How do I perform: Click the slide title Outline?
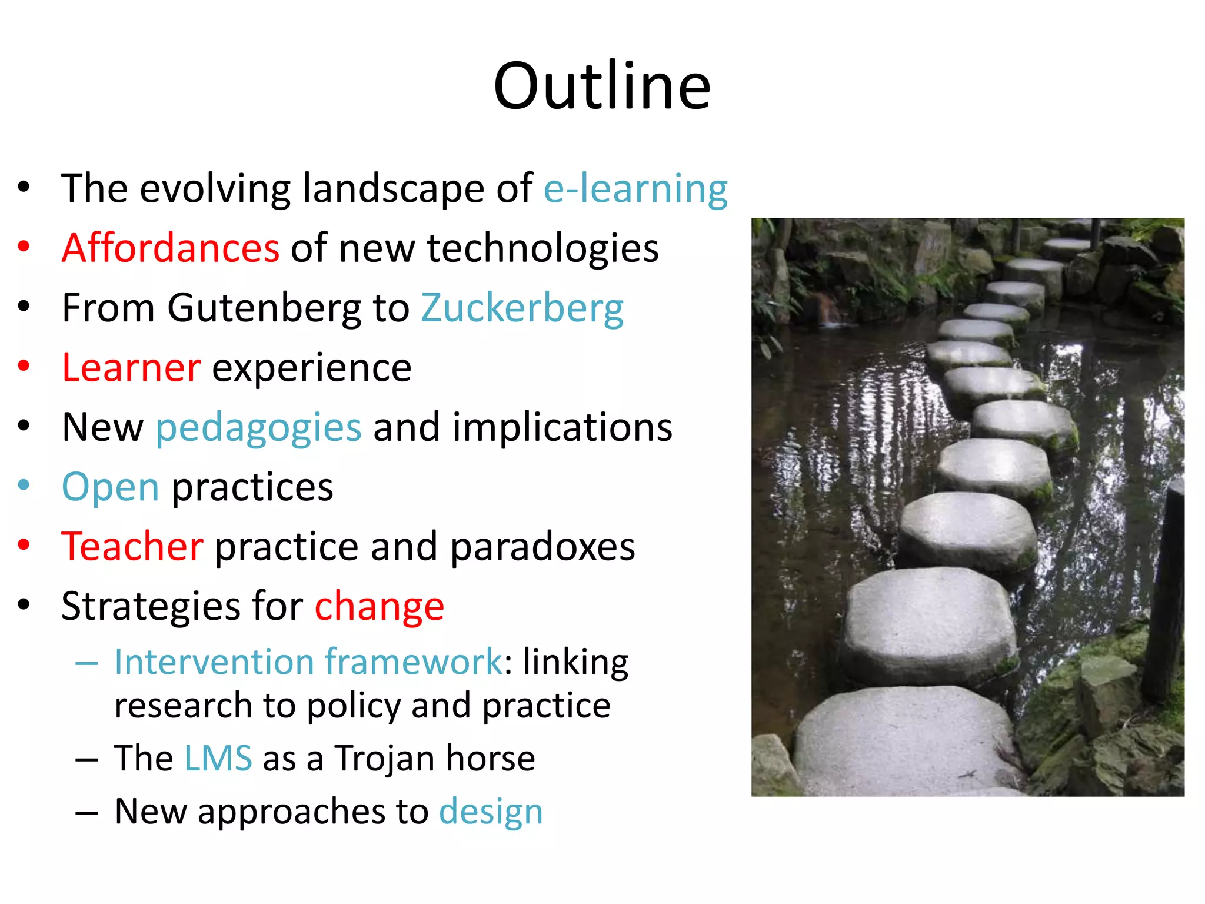[x=602, y=86]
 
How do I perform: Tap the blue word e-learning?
[x=635, y=190]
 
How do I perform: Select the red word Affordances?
[x=170, y=248]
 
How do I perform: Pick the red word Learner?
[x=131, y=367]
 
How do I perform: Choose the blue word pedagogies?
[x=258, y=428]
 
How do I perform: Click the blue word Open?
[x=110, y=487]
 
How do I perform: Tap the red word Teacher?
[x=132, y=546]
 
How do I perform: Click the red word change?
[x=380, y=607]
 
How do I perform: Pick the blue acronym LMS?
[x=218, y=757]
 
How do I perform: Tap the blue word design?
[x=491, y=812]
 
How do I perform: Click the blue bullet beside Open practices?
[x=24, y=485]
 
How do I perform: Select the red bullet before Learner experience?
[x=24, y=365]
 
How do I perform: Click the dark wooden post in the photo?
[x=1165, y=589]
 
